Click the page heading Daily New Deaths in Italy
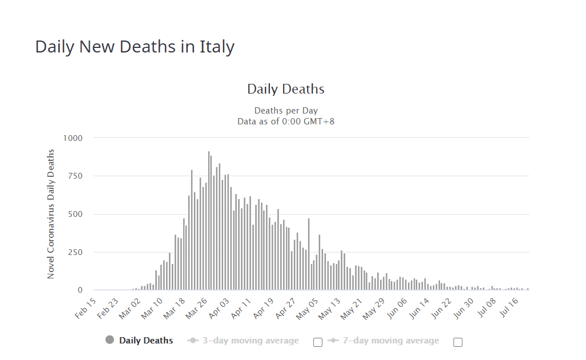click(135, 47)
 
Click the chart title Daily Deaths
click(285, 89)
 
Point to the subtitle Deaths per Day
click(285, 110)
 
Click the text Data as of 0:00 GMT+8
click(285, 121)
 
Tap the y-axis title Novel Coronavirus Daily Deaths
click(51, 214)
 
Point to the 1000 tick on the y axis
click(72, 138)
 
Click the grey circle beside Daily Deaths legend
click(110, 340)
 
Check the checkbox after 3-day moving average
click(318, 342)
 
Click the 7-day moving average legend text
click(391, 341)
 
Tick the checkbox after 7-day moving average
click(458, 342)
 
